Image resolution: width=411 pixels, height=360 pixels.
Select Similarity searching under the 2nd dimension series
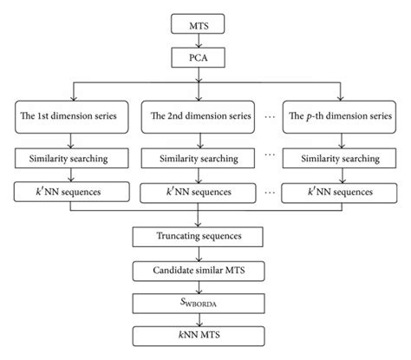(199, 160)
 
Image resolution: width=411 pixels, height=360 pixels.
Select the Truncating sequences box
(199, 235)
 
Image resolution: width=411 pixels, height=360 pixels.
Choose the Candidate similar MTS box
(199, 272)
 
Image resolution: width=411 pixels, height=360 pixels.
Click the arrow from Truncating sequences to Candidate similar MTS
(199, 253)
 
